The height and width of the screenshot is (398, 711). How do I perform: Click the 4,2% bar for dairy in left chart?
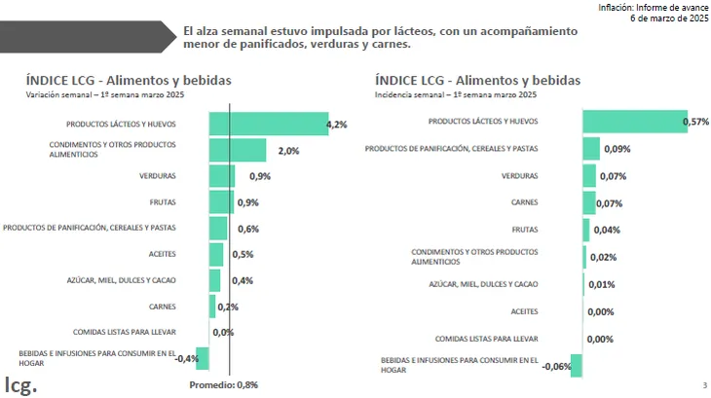click(268, 124)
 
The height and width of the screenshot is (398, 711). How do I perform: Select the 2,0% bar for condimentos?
click(238, 150)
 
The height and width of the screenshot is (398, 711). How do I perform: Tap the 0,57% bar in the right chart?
click(634, 122)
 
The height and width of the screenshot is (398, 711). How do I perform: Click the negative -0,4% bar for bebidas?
click(203, 358)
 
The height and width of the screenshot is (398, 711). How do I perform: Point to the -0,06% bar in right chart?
click(577, 365)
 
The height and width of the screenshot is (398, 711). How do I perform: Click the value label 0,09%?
click(617, 149)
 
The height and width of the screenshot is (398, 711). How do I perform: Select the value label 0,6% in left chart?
click(247, 229)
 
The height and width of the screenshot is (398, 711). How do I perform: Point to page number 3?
click(703, 385)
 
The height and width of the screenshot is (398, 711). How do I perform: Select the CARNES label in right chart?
click(525, 202)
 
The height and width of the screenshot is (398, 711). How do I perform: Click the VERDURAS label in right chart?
click(519, 176)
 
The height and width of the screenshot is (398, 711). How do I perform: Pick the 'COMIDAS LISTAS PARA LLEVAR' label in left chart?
click(127, 332)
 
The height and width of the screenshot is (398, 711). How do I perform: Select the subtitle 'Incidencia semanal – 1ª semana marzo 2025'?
click(455, 95)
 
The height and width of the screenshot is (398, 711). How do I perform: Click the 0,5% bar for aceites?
click(216, 254)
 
